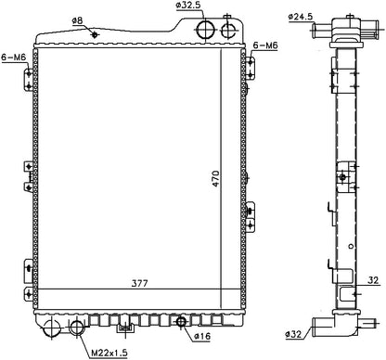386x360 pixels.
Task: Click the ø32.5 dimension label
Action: [188, 6]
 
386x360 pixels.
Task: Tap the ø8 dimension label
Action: [77, 20]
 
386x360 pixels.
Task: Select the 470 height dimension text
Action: [216, 178]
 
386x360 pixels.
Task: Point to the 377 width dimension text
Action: [140, 283]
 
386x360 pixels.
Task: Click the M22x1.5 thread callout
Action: [109, 353]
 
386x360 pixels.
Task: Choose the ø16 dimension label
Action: [202, 336]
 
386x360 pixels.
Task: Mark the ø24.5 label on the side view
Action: [301, 17]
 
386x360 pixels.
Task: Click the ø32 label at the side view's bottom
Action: [293, 334]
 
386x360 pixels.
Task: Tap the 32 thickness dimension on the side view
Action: [373, 280]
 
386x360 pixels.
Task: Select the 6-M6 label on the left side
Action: [14, 58]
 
